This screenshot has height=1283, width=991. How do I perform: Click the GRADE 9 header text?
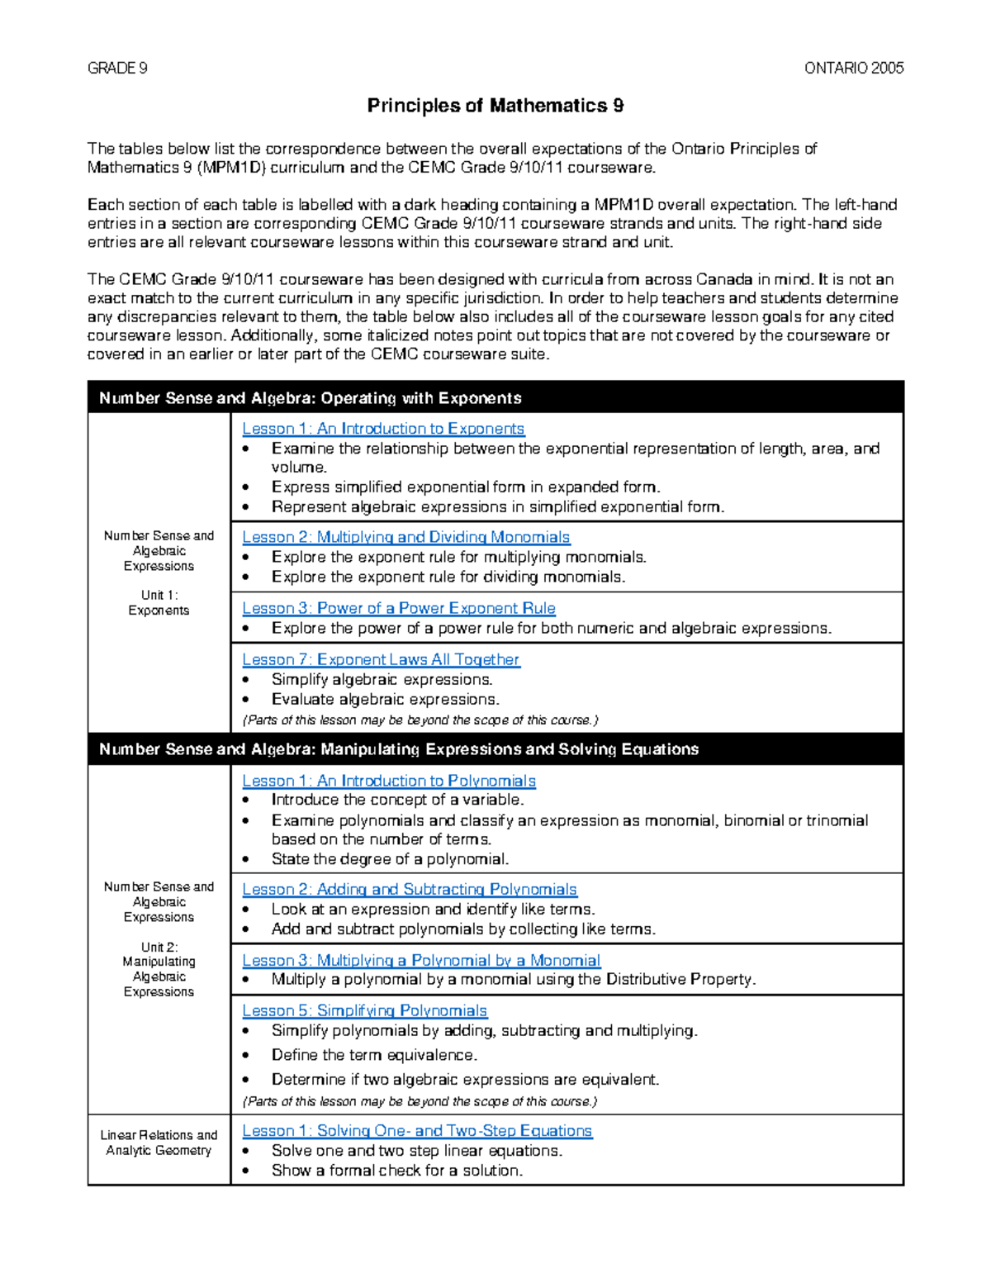117,69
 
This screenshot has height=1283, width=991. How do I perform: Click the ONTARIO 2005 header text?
853,69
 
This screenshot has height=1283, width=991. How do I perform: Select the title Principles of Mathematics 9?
495,106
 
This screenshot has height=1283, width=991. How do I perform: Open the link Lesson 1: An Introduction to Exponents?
383,429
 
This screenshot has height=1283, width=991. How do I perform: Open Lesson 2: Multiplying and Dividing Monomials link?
405,537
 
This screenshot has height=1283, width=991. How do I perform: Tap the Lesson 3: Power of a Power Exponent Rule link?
398,608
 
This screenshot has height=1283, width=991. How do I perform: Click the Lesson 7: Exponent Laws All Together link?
381,659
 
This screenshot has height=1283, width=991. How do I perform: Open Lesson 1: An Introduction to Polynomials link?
388,781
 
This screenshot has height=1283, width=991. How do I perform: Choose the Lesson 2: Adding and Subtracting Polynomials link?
409,889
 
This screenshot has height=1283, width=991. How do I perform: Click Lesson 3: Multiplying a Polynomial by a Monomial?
420,960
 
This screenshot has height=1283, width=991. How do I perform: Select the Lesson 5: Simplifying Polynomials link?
364,1010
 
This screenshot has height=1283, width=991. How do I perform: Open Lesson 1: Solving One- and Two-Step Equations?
417,1130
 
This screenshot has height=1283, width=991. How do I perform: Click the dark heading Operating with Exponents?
310,398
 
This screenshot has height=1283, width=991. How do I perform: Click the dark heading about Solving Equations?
398,749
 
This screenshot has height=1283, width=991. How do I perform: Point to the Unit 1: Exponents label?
159,603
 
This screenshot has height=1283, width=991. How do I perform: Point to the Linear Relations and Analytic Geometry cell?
159,1143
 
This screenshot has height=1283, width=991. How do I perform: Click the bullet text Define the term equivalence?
374,1055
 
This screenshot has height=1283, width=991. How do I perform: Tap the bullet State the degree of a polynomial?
390,859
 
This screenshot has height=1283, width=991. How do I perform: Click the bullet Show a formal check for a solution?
396,1171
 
